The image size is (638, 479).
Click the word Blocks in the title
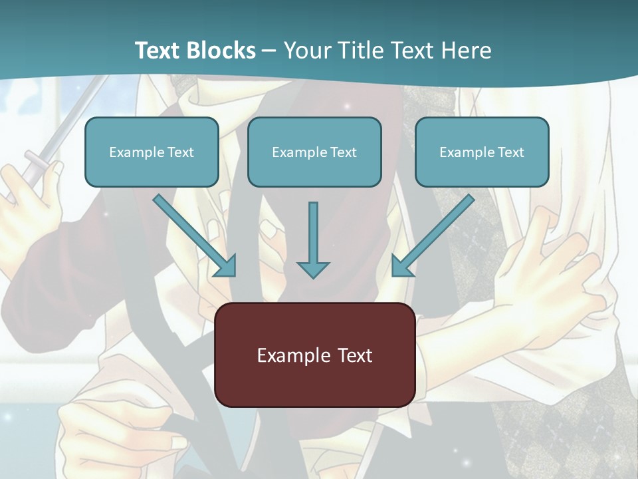[x=223, y=51]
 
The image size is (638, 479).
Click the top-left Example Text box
[x=152, y=152]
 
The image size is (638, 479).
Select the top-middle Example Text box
[x=314, y=152]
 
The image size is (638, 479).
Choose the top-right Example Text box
[x=482, y=152]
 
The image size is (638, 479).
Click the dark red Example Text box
[x=314, y=355]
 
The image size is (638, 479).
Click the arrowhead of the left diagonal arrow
[x=226, y=266]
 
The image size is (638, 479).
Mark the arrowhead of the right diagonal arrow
[x=401, y=266]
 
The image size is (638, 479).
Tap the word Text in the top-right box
[x=511, y=152]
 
